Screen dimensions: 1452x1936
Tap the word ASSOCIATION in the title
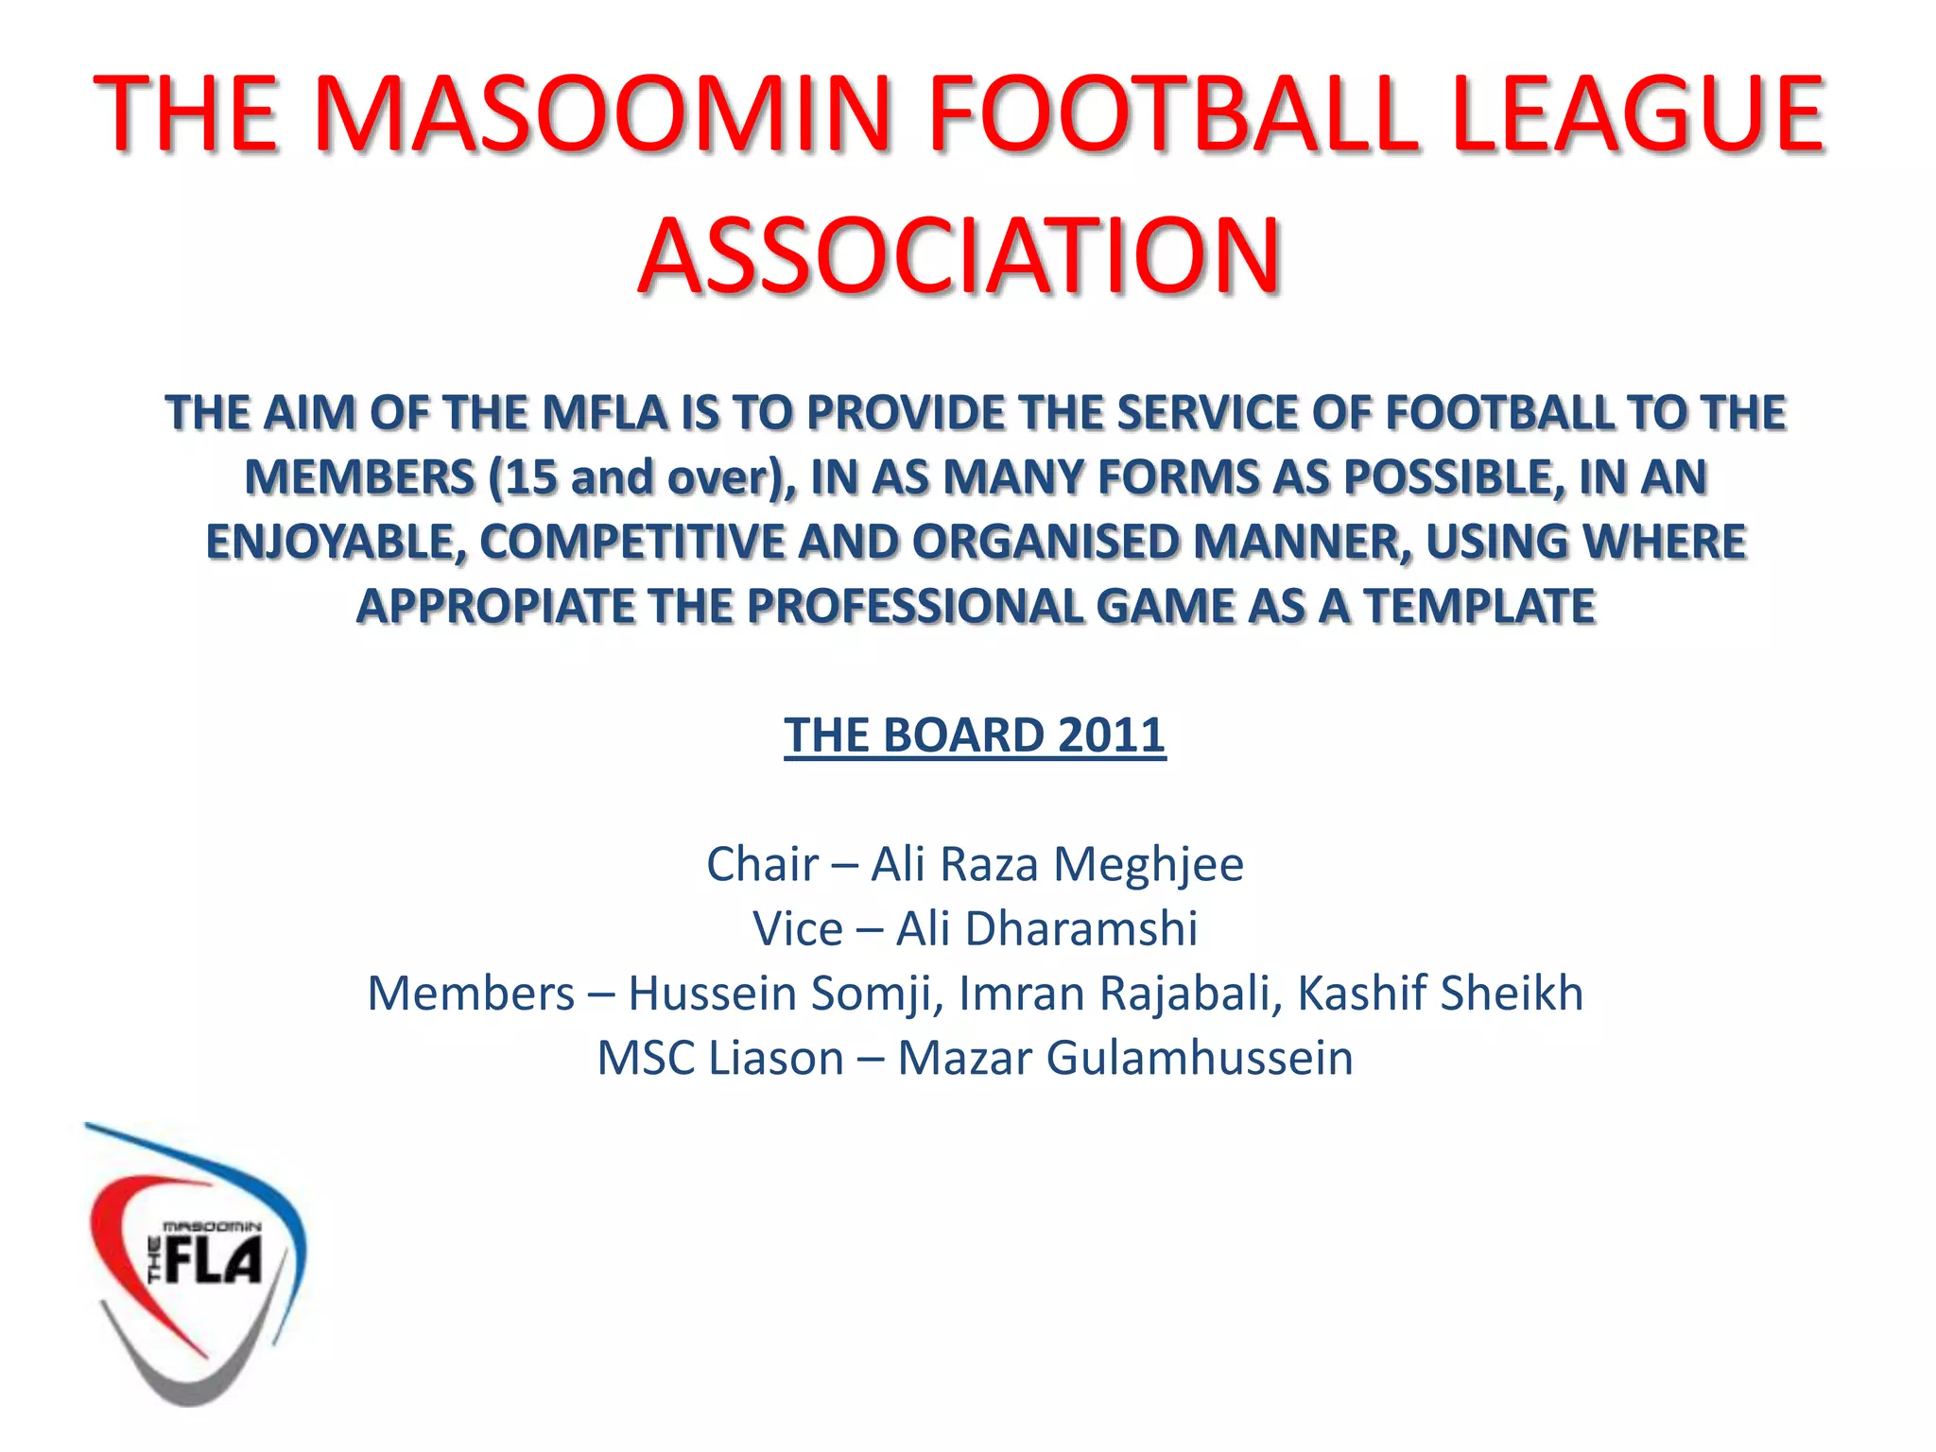pos(959,255)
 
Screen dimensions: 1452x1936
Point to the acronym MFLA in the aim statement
pos(605,413)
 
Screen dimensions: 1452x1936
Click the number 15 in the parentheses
pos(531,477)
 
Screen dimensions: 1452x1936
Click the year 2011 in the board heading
pos(1112,735)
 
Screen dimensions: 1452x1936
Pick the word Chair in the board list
pos(762,864)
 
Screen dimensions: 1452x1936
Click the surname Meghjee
pos(1149,864)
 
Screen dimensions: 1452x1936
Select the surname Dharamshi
pos(1081,928)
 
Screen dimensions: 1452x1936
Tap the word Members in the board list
pos(471,994)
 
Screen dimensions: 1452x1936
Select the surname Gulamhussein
pos(1200,1058)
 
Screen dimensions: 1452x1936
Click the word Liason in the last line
pos(775,1058)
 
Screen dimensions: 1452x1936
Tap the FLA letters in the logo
pos(214,1262)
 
